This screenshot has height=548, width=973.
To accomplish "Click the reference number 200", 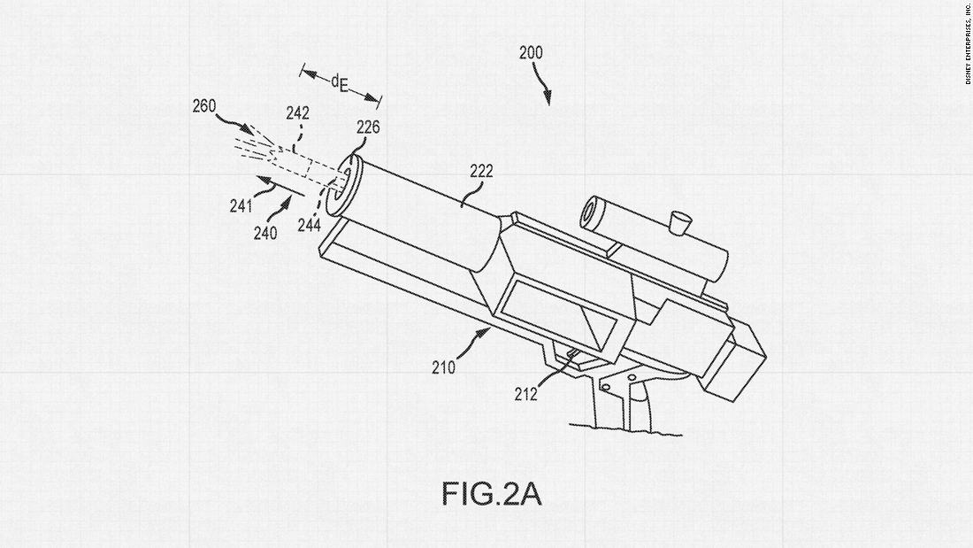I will pos(531,53).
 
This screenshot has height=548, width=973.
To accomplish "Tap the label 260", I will pos(204,108).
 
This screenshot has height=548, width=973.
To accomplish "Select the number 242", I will pos(297,113).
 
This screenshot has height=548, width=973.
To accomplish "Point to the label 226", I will pos(368,127).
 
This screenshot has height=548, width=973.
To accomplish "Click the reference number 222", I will pos(481,171).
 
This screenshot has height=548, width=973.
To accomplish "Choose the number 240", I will pos(265,234).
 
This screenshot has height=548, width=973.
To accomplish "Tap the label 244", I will pos(309,225).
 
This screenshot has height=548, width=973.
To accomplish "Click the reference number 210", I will pos(444,366).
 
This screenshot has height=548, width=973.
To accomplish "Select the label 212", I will pos(526,395).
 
